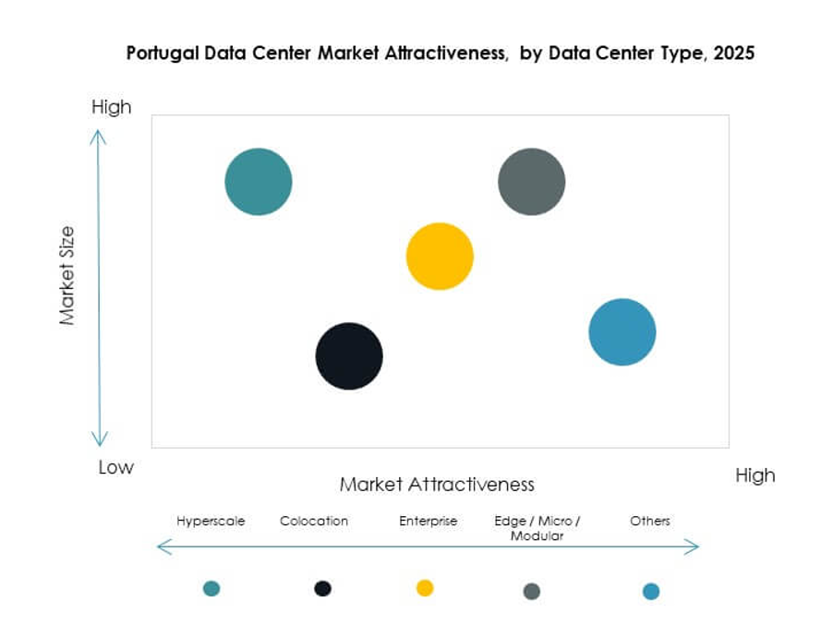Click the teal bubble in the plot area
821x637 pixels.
tap(259, 182)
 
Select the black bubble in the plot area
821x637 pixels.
tap(349, 356)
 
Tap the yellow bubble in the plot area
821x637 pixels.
tap(440, 257)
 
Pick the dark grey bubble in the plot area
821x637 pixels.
tap(531, 182)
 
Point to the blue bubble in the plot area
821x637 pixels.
tap(622, 332)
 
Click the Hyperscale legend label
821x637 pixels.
tap(211, 521)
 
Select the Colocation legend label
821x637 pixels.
tap(314, 521)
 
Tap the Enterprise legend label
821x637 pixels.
tap(428, 521)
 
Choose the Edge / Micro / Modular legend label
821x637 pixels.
tap(537, 528)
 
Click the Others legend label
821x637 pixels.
tap(650, 521)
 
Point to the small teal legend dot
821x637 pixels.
tap(211, 588)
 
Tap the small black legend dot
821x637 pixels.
tap(322, 588)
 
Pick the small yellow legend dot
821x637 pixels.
tap(425, 588)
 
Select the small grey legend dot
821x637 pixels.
tap(532, 591)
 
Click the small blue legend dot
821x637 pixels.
tap(651, 591)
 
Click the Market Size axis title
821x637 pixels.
tap(66, 276)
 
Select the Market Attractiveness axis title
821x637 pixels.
tap(437, 484)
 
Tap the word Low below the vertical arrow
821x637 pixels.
tap(116, 467)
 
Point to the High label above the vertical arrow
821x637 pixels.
tap(112, 107)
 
